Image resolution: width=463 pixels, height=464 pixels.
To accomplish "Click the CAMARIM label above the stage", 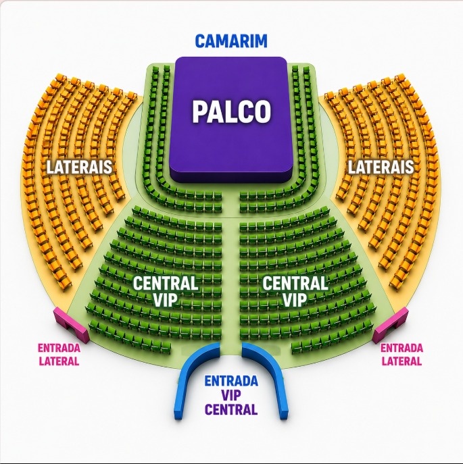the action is coord(231,41).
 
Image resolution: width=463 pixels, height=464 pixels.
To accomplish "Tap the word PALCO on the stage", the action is coord(231,111).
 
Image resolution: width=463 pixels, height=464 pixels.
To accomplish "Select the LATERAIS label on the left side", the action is coord(79,167).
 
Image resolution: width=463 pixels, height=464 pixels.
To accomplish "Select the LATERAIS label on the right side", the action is coord(381,167).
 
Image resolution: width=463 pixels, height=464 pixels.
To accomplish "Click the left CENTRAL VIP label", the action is coord(166,291).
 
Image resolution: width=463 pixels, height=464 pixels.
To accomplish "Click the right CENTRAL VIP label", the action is coord(295,291).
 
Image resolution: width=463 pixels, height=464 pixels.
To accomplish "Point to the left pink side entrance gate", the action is coord(72,325).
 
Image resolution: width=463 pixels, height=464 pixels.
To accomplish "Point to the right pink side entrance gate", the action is coord(391,325).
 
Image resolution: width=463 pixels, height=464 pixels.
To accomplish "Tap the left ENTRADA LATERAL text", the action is coord(59,354).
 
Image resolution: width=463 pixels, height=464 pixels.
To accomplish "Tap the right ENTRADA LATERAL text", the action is coord(401,354).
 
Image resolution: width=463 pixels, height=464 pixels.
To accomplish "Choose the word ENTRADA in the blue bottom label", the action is coord(231,381).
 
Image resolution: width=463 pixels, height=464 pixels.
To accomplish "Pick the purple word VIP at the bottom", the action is coord(231,395).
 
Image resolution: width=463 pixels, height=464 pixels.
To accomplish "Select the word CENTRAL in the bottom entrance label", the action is coord(231,409).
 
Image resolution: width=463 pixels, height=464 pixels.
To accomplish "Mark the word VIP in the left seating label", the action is coord(166,299).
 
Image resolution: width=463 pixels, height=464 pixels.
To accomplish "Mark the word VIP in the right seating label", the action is coord(295,299).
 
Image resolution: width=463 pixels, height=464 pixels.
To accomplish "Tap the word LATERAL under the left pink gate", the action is coord(59,361).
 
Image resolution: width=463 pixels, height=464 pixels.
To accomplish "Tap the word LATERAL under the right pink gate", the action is coord(401,361).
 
